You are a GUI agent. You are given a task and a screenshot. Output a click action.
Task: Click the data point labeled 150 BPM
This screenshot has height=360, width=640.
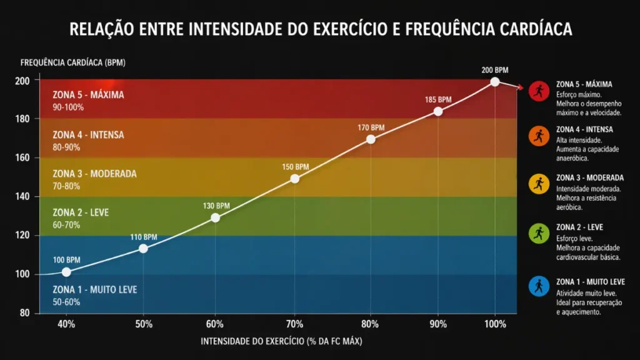point(295,179)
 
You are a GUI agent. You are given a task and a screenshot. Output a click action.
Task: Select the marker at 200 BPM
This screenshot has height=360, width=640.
point(495,82)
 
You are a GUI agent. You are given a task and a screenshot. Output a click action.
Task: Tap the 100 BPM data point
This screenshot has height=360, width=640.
point(66,272)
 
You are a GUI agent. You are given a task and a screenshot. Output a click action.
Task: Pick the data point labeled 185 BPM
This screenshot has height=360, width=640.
point(438,111)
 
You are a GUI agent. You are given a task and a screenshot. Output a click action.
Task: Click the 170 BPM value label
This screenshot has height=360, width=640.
point(371,127)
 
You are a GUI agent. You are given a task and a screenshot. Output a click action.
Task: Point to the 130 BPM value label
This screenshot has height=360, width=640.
point(216,206)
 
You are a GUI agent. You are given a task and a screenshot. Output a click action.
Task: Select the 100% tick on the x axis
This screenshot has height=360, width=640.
point(495,324)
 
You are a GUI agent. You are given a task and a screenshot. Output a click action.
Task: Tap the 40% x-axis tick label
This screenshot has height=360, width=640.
point(66,324)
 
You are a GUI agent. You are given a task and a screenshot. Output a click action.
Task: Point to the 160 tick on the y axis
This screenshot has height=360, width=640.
point(22,157)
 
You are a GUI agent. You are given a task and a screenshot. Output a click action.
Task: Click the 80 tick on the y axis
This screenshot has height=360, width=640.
point(24,313)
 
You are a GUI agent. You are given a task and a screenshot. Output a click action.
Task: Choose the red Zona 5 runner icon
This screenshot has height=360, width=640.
point(538,91)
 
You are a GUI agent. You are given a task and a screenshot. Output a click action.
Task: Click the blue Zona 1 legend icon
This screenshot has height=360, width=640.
point(538,286)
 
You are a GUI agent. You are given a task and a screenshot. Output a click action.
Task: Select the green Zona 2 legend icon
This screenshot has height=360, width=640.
point(538,234)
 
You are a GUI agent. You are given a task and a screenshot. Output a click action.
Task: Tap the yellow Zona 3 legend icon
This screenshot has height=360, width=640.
point(538,183)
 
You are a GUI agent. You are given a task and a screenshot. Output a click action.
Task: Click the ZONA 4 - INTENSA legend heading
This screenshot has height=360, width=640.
point(584,129)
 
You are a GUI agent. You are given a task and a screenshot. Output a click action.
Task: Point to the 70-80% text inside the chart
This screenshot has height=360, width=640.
point(67,186)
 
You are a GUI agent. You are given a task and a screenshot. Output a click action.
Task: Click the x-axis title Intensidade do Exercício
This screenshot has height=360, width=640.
point(281,342)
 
